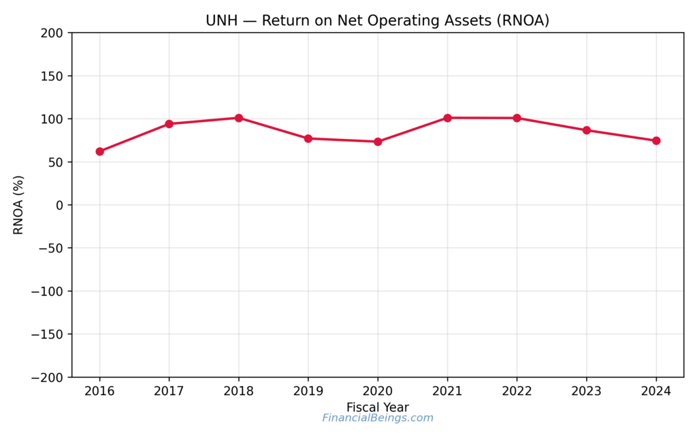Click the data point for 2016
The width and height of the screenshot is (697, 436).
click(99, 151)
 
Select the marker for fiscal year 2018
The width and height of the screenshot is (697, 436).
click(239, 118)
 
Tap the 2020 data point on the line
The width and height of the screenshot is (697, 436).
click(378, 142)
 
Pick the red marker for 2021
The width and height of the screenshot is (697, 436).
click(447, 118)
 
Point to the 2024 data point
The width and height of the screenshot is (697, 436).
click(656, 140)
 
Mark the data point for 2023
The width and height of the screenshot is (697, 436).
click(587, 130)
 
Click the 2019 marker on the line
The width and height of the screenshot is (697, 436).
click(308, 138)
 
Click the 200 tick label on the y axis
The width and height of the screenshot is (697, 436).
click(52, 33)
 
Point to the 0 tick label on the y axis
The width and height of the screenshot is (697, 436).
click(60, 205)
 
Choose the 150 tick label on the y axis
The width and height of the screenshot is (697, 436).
click(52, 76)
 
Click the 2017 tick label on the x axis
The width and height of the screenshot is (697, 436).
click(169, 392)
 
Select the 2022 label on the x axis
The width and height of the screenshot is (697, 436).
click(517, 392)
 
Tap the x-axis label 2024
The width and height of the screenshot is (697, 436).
click(656, 392)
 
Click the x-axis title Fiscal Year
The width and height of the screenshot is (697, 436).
click(378, 407)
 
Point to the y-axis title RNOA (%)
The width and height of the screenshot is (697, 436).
click(18, 205)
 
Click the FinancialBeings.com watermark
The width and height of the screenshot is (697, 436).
click(378, 418)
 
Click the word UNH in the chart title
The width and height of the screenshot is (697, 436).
click(220, 20)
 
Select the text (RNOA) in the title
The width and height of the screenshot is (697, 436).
click(522, 20)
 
